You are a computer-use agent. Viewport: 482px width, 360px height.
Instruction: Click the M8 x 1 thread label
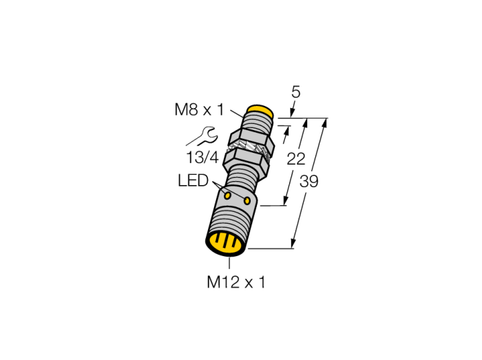coord(200,109)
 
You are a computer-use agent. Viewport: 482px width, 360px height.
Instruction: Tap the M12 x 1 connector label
coord(235,282)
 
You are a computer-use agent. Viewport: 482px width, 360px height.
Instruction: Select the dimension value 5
coord(295,92)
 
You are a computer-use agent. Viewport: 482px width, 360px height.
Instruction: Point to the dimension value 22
coord(296,159)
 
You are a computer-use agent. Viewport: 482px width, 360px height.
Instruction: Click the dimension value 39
coord(309,181)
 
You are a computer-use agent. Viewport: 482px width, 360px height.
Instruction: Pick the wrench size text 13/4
coord(202,158)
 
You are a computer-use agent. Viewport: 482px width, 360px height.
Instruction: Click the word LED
coord(193,180)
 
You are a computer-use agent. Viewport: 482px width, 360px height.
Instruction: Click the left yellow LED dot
coord(228,195)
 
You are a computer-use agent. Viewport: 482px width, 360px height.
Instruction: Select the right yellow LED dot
coord(247,201)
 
